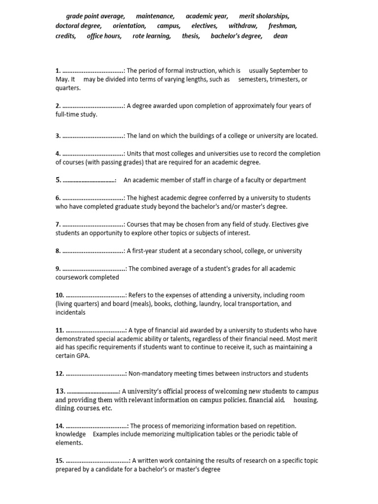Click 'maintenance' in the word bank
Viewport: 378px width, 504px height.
(x=155, y=16)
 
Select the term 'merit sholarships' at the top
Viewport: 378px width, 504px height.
(x=264, y=16)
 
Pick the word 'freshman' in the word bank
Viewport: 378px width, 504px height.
(x=283, y=26)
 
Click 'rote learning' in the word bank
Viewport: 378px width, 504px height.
(x=152, y=36)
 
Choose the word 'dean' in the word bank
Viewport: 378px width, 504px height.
(x=281, y=36)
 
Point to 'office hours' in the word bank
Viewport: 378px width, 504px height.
(x=104, y=36)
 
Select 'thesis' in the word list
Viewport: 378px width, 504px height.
(x=191, y=36)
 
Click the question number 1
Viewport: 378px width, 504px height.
(x=58, y=71)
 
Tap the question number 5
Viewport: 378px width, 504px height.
(x=58, y=180)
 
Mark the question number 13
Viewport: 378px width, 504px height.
(x=60, y=391)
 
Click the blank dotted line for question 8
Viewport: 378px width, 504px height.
(x=94, y=251)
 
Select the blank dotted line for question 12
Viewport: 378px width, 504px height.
(x=96, y=374)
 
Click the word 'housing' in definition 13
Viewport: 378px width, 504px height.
(x=305, y=400)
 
